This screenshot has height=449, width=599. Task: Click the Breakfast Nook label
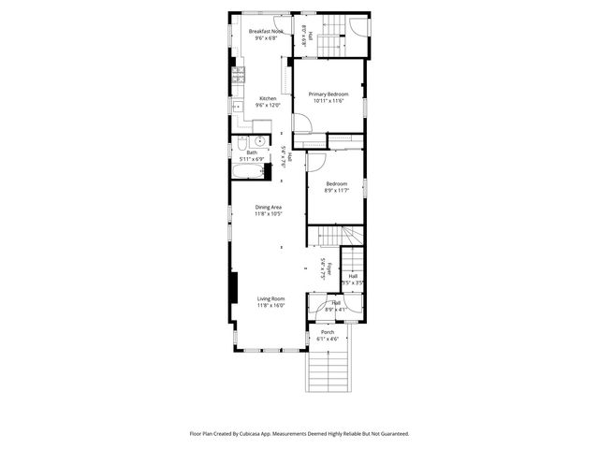tap(266, 32)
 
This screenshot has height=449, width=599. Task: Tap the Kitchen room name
tap(268, 99)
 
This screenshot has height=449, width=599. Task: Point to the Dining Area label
tap(269, 207)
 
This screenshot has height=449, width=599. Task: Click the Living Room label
tap(271, 298)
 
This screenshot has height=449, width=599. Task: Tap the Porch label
tap(328, 332)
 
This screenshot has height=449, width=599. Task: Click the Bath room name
tap(252, 152)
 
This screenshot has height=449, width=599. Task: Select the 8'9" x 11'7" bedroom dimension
tap(336, 190)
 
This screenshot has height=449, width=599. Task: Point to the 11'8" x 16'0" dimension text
tap(271, 305)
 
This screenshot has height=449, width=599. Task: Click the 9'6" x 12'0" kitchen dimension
tap(268, 106)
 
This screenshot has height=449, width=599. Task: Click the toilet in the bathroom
tap(257, 142)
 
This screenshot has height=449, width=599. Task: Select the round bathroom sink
tap(241, 145)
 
